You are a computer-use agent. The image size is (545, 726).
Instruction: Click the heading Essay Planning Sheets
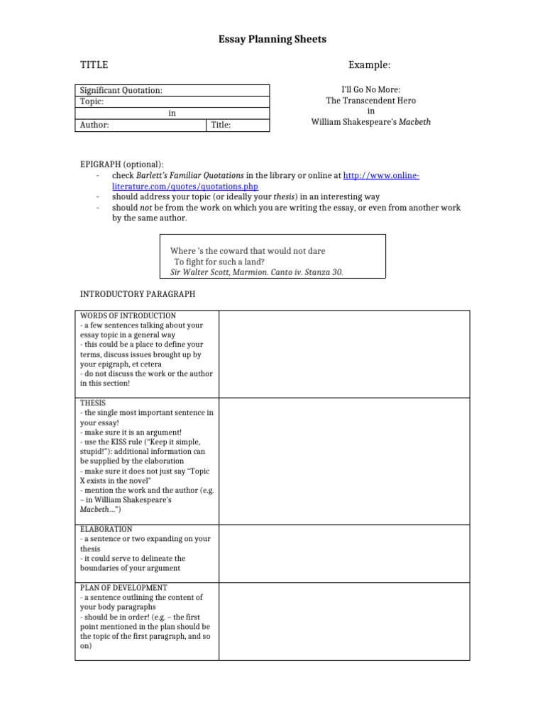pyautogui.click(x=272, y=40)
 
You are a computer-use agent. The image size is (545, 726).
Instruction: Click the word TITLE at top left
pyautogui.click(x=94, y=65)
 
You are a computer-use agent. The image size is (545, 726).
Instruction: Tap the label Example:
pyautogui.click(x=369, y=65)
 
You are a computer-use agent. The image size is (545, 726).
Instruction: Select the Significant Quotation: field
pyautogui.click(x=172, y=91)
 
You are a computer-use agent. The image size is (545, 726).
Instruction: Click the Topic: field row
pyautogui.click(x=172, y=101)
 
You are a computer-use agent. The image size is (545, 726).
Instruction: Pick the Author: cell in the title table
pyautogui.click(x=141, y=125)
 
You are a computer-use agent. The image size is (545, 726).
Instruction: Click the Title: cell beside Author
pyautogui.click(x=238, y=125)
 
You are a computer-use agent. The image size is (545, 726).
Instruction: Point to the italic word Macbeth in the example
pyautogui.click(x=414, y=121)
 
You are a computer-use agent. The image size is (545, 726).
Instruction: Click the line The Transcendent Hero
pyautogui.click(x=370, y=101)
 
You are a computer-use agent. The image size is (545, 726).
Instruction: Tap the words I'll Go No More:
pyautogui.click(x=370, y=90)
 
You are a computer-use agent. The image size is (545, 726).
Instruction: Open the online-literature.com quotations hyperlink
pyautogui.click(x=381, y=175)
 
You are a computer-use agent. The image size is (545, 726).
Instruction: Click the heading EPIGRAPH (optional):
pyautogui.click(x=121, y=164)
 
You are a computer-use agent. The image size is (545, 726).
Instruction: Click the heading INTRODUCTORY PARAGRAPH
pyautogui.click(x=137, y=294)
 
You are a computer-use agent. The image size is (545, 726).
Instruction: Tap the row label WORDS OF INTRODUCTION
pyautogui.click(x=128, y=315)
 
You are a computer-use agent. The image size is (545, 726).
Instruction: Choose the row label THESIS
pyautogui.click(x=92, y=403)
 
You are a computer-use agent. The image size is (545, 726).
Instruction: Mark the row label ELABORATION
pyautogui.click(x=106, y=530)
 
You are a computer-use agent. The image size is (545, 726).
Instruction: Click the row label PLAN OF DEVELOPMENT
pyautogui.click(x=123, y=588)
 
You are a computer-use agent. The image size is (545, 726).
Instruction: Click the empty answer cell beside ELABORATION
pyautogui.click(x=343, y=554)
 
